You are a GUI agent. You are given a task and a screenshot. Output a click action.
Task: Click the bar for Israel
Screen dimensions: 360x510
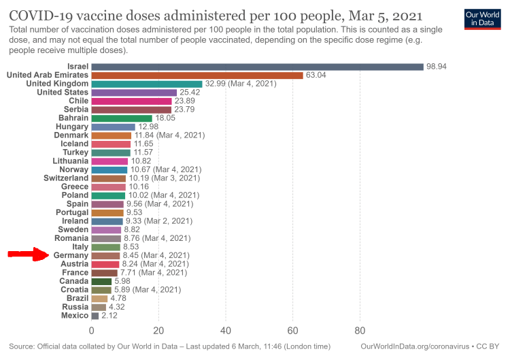point(257,67)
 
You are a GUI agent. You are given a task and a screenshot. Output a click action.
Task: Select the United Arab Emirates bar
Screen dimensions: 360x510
point(197,75)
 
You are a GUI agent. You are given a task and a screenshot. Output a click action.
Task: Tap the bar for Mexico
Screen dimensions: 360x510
point(95,316)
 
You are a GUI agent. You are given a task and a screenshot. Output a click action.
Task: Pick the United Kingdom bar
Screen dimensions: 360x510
point(147,84)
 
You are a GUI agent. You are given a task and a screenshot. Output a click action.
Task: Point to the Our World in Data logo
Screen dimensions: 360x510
point(482,19)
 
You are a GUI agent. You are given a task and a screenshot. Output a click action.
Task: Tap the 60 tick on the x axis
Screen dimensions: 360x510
point(293,331)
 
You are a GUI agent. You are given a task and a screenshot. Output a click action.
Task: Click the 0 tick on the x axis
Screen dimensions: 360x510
point(92,331)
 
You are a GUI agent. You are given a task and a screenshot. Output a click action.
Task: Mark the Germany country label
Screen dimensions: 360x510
point(70,255)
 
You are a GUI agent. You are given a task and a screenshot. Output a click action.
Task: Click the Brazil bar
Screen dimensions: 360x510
point(99,298)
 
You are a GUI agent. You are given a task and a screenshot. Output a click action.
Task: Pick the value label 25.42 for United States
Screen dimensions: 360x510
point(191,93)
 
